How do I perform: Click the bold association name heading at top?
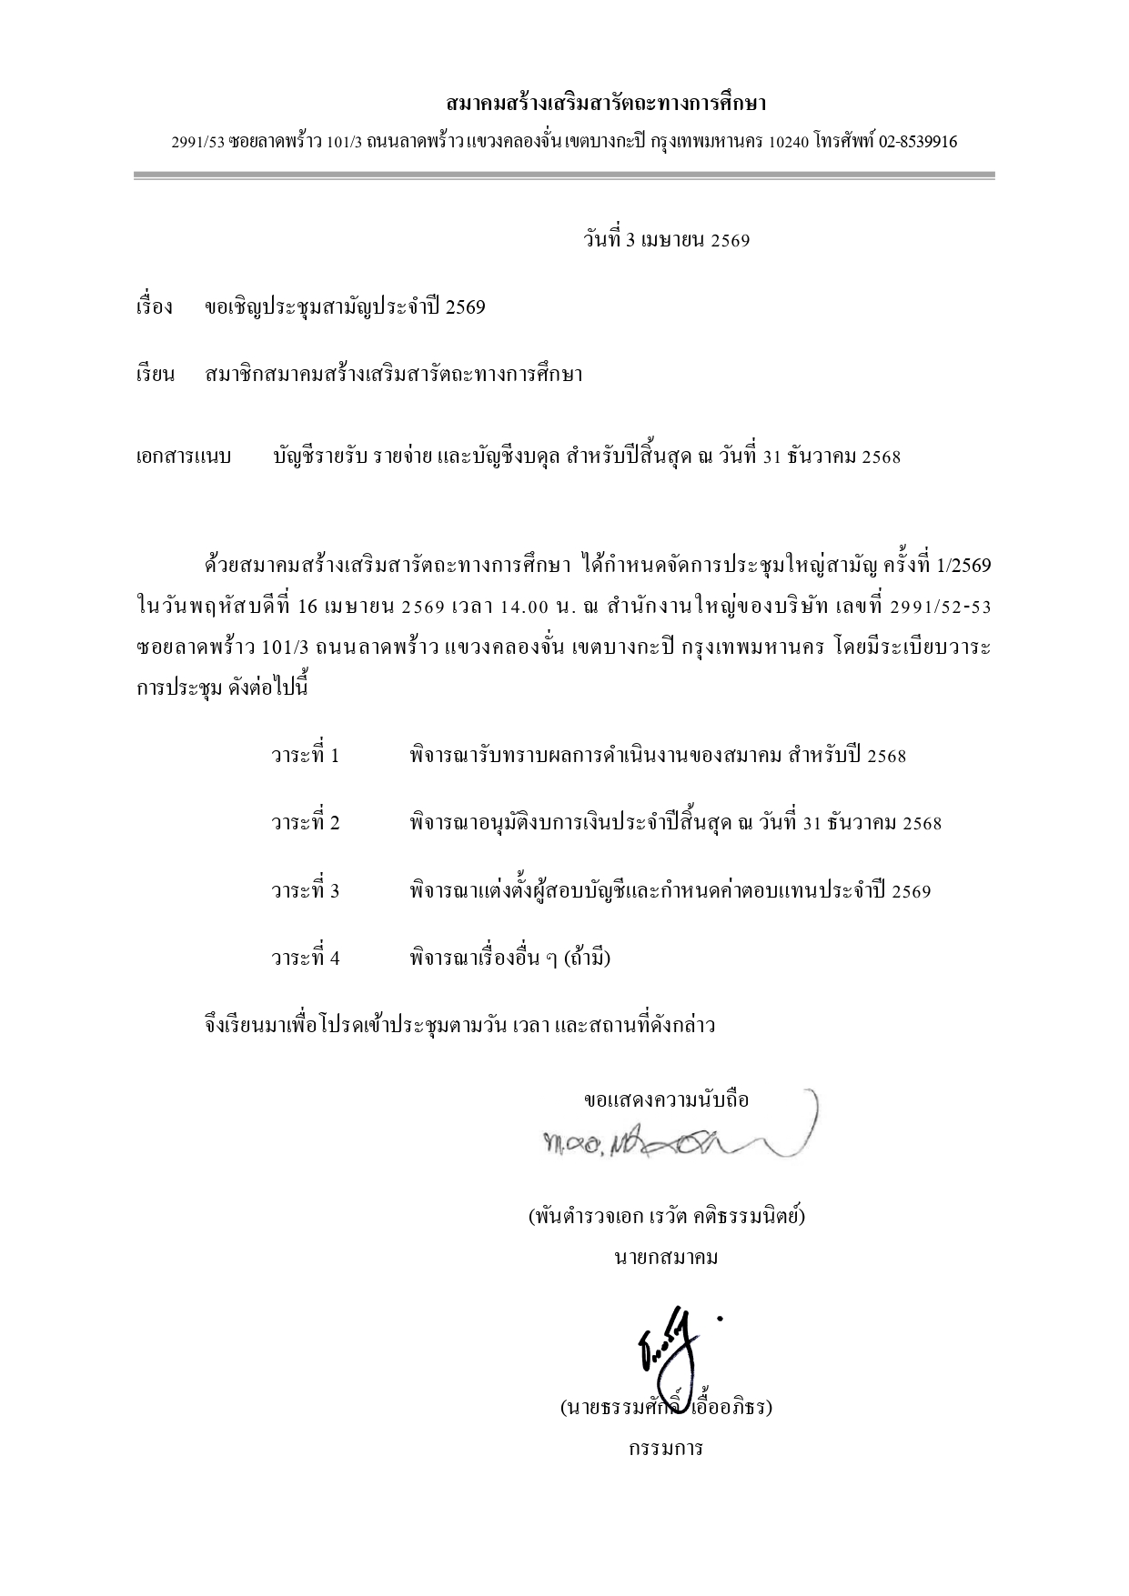click(x=607, y=103)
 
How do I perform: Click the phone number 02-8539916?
click(x=917, y=142)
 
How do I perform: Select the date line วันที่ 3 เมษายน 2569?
click(x=666, y=240)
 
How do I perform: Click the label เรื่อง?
click(x=154, y=307)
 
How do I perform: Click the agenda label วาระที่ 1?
click(x=305, y=756)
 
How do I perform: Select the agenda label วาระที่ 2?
click(x=305, y=823)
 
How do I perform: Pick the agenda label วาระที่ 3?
click(x=305, y=890)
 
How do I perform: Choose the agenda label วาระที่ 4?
click(x=305, y=958)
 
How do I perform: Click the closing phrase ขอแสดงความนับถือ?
click(x=666, y=1099)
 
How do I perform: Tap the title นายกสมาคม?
click(x=666, y=1258)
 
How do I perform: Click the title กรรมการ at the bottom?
click(x=666, y=1448)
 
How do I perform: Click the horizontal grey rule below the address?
click(x=564, y=176)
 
